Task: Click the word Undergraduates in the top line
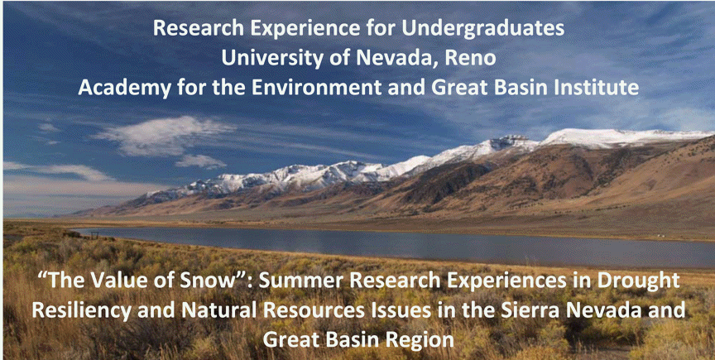pos(483,29)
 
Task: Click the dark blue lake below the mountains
pos(410,247)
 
